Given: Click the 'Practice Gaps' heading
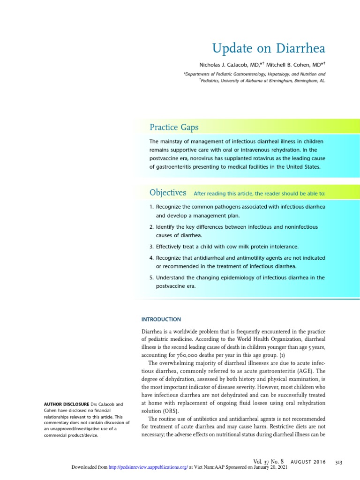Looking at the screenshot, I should [174, 127].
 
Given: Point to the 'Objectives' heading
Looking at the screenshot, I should [168, 193].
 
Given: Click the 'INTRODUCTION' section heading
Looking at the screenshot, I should [161, 319].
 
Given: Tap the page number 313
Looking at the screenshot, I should [338, 462].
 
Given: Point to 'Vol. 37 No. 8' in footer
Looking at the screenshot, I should [268, 462].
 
